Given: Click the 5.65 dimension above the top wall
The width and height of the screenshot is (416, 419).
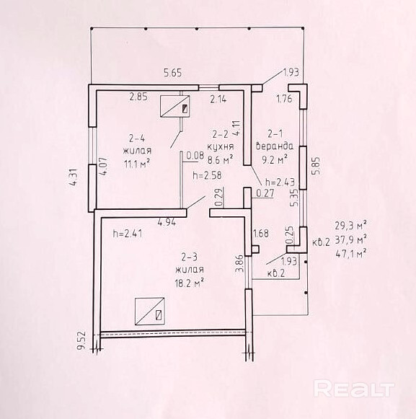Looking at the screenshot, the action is (172, 73).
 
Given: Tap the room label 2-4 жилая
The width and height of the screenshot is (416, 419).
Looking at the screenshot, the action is (137, 144).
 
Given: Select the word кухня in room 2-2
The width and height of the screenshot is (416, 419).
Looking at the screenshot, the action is (221, 146).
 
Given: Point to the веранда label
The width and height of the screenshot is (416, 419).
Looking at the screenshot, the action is (275, 146).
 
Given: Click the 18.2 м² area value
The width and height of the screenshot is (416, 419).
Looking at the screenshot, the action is (190, 283).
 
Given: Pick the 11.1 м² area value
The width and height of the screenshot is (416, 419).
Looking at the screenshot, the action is (136, 164).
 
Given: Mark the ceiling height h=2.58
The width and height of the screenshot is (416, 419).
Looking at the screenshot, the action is (207, 175).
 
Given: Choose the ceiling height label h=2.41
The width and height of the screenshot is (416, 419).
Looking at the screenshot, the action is (128, 234).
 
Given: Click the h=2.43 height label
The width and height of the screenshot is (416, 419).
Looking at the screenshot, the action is (280, 182).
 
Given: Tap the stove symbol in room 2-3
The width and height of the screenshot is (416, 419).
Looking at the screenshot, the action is (150, 312).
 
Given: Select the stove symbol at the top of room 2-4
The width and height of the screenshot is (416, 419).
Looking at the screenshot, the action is (175, 106).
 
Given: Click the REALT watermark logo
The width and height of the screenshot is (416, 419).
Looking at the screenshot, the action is (354, 389).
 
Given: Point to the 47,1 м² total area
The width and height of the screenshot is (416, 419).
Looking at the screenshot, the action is (350, 253).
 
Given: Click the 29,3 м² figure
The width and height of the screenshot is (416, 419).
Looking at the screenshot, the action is (350, 225).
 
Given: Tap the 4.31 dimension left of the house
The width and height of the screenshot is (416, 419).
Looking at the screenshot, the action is (74, 177).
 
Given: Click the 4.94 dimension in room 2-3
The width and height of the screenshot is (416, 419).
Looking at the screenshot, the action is (167, 222).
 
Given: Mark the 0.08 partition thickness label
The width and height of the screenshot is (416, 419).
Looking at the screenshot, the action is (195, 155).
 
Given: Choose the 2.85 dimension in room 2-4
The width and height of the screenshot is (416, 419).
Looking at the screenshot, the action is (138, 97).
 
